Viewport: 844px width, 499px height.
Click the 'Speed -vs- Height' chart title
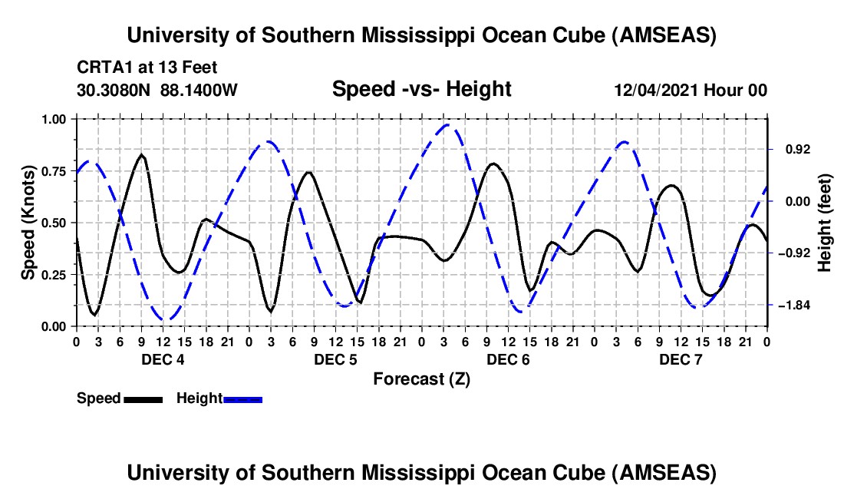pos(421,89)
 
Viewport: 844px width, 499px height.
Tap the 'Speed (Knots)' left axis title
pos(28,223)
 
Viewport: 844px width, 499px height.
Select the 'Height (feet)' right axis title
pos(824,223)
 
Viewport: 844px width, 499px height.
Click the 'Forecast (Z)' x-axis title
pos(421,378)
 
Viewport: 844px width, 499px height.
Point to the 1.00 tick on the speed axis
pos(54,119)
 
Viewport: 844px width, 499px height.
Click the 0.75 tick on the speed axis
pos(54,171)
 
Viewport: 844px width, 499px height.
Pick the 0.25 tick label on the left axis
pos(54,275)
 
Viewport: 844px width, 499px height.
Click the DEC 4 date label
pos(162,360)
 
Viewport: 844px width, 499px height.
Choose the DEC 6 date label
pos(507,360)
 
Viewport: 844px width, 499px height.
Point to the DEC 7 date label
pos(680,360)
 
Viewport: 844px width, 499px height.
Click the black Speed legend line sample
pos(143,399)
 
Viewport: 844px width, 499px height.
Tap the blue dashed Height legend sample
pos(242,399)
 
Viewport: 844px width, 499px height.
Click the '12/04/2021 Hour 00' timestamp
pos(691,90)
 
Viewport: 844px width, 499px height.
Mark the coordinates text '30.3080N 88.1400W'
pos(157,90)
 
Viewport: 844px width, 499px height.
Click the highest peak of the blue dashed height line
pos(448,124)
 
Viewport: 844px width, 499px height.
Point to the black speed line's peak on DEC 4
pos(141,155)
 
